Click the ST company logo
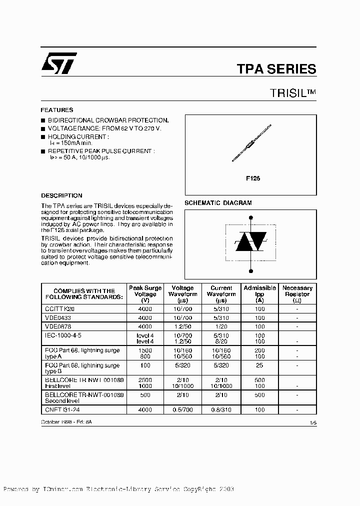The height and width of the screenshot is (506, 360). [59, 63]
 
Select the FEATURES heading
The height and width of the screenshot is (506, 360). [57, 110]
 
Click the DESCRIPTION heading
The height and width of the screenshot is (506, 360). [61, 195]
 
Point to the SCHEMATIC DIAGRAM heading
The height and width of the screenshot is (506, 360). [218, 203]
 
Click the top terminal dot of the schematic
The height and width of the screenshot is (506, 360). [250, 217]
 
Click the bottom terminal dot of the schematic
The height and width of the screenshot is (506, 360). [250, 271]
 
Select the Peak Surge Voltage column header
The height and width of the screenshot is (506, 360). [145, 294]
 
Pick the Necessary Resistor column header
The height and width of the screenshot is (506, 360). [297, 294]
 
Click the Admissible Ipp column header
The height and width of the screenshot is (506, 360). [259, 294]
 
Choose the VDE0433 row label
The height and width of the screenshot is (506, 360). [58, 317]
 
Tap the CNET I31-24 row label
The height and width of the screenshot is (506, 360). [59, 409]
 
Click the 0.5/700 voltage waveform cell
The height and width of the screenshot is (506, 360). [182, 409]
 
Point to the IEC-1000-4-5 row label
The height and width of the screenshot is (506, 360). [63, 333]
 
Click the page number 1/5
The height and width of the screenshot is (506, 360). [313, 423]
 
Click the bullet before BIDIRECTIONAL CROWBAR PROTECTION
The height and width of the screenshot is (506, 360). [43, 121]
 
